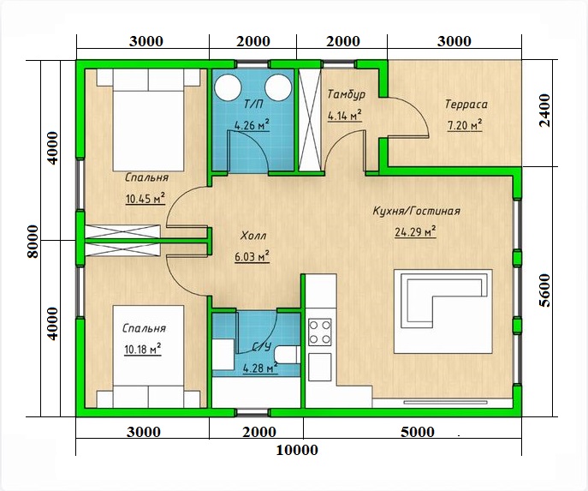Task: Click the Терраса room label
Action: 466,104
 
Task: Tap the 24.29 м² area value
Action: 415,232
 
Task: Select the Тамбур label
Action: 346,94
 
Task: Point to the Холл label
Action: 253,236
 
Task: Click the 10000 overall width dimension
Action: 297,450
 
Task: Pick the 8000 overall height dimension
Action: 33,242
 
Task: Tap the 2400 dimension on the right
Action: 545,111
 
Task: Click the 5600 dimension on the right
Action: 545,290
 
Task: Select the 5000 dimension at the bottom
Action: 418,432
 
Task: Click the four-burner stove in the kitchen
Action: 320,332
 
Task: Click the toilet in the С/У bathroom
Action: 287,355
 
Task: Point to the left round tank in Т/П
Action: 228,87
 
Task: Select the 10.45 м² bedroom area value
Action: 146,199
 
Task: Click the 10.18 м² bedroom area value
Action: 142,350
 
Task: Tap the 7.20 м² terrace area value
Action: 465,125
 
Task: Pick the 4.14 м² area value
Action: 345,116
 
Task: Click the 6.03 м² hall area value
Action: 252,257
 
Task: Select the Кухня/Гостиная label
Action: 416,211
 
